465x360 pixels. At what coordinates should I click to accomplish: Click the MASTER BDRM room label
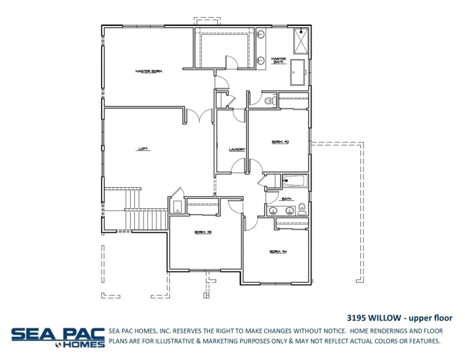[148, 72]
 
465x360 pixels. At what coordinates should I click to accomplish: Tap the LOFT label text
[142, 149]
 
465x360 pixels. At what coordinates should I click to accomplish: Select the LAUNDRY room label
[237, 149]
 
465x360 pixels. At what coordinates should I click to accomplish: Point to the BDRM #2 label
[280, 142]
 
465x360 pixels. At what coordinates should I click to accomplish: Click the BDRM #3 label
[203, 232]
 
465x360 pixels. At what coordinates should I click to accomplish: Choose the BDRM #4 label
[278, 252]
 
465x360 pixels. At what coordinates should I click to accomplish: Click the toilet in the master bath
[269, 101]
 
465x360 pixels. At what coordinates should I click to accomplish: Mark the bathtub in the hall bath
[295, 181]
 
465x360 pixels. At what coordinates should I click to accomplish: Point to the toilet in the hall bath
[302, 208]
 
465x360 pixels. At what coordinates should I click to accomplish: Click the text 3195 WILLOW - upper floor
[400, 318]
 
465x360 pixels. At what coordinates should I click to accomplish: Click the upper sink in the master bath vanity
[261, 34]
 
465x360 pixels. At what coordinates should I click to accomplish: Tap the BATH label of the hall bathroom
[286, 199]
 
